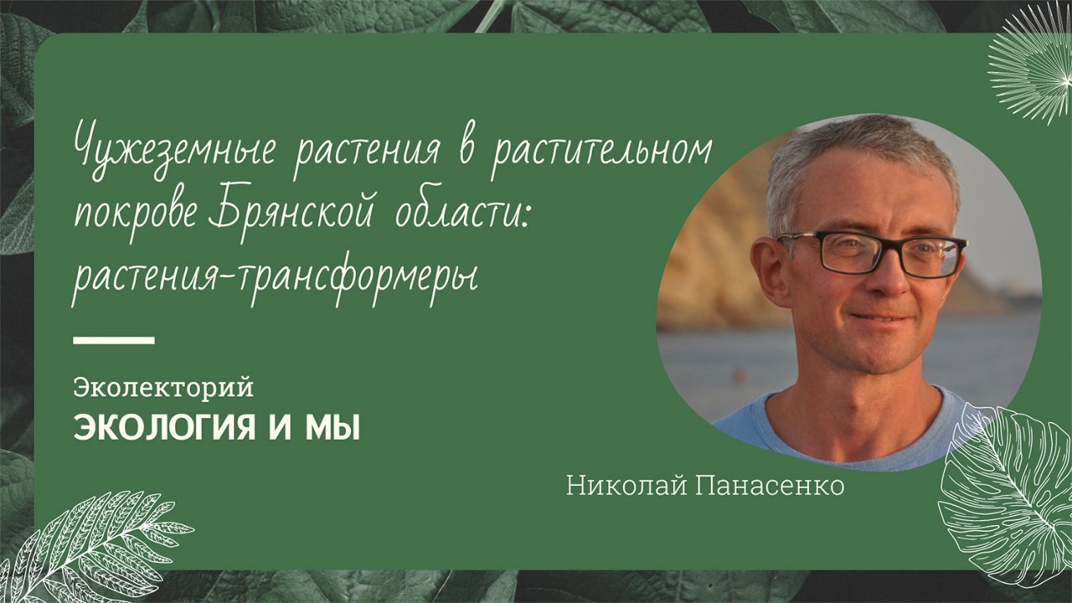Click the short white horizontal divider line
[x=114, y=340]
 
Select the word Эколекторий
[x=163, y=388]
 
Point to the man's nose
[x=884, y=281]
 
